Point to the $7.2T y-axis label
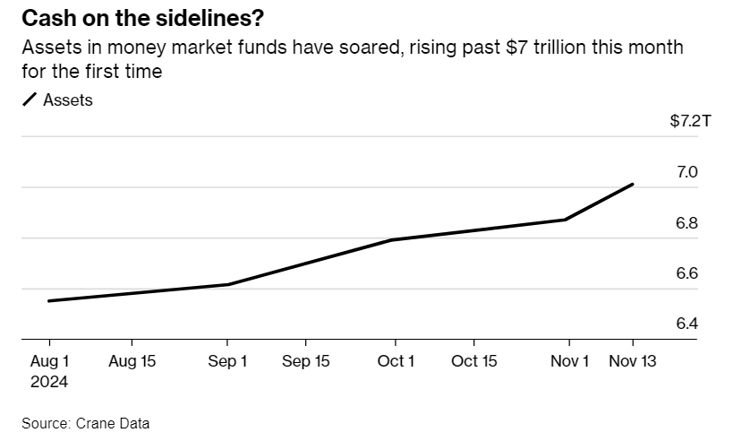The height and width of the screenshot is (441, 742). coord(689,121)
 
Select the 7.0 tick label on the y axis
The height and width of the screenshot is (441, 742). coord(687,172)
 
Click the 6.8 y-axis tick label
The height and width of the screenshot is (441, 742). coord(687,223)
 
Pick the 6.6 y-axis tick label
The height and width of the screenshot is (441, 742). coord(687,273)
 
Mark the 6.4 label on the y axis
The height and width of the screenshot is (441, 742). coord(687,324)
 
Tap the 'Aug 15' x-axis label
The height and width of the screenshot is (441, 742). coord(132,361)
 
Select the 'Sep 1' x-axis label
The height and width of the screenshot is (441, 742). coord(227,361)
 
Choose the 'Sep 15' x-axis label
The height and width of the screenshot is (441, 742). coord(305,361)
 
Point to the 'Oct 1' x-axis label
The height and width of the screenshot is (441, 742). coord(395,361)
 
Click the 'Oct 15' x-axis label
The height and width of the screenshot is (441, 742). coord(473,361)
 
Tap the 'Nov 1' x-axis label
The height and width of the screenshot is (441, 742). coord(570,361)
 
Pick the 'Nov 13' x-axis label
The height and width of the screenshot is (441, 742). coord(633,361)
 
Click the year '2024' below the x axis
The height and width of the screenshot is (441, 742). coord(49,381)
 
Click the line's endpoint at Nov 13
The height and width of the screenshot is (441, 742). coord(633,185)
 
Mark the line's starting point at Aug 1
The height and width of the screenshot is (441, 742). coord(48,301)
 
